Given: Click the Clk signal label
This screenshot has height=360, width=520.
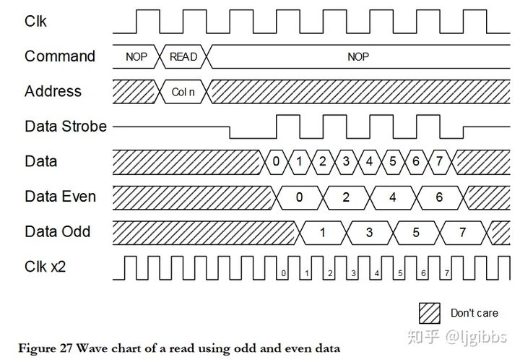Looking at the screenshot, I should [35, 21].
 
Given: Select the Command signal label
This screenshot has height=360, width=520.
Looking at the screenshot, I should [59, 56].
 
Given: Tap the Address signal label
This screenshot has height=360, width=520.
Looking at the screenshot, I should [53, 91].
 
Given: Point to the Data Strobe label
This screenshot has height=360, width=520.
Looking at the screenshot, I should [65, 126].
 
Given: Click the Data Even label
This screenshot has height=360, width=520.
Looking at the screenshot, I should [60, 196].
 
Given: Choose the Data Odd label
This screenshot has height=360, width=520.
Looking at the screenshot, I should [58, 231].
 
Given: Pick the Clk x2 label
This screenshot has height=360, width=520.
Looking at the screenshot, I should [45, 266].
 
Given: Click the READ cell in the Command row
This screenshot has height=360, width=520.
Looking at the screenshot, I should [183, 56].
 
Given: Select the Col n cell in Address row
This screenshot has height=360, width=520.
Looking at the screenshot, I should [183, 92].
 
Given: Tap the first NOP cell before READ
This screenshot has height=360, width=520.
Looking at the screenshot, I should [136, 56].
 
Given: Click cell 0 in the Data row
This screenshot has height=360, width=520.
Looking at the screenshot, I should [276, 161].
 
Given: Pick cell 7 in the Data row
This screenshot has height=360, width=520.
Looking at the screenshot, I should [438, 161].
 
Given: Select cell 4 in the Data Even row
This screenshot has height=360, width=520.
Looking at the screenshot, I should [392, 197].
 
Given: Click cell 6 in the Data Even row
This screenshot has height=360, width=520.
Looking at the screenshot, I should [438, 197].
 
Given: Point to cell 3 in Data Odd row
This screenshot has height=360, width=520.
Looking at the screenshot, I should [369, 232].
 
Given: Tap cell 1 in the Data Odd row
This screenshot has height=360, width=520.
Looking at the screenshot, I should [322, 232].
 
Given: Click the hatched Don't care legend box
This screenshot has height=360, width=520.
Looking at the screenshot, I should [430, 312].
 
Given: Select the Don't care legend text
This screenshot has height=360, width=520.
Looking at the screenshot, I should [474, 313].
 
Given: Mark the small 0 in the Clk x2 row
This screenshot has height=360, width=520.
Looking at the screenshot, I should [284, 273].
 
